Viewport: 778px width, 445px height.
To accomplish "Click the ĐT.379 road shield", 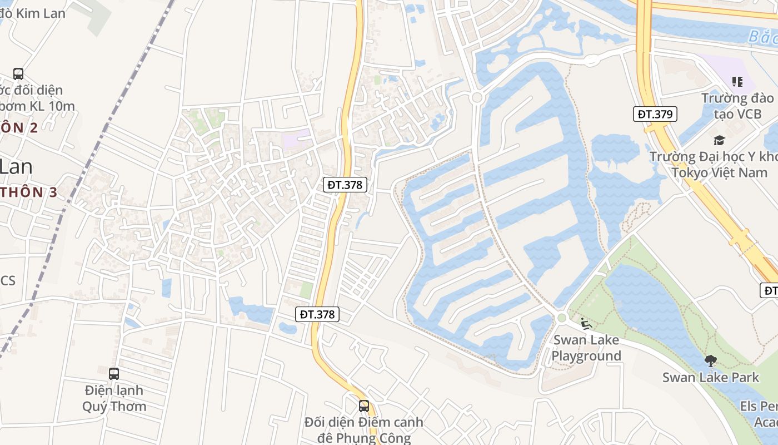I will click(x=655, y=115).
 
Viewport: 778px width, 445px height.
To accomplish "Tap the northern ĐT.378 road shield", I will click(x=345, y=185).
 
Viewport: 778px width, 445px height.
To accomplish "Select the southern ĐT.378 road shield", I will click(x=317, y=314).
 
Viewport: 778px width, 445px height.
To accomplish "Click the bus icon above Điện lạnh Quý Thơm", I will click(x=114, y=374).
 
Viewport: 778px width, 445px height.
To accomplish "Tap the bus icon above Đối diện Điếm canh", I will click(x=364, y=406).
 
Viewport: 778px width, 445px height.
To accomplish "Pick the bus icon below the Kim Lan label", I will click(x=18, y=73).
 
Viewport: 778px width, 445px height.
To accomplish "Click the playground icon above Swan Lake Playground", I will click(x=585, y=323).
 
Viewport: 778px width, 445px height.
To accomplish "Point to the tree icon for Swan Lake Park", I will click(x=710, y=362).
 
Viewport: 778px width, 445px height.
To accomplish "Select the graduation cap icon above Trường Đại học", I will click(x=720, y=140).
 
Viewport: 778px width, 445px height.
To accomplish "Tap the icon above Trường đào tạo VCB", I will click(x=737, y=82).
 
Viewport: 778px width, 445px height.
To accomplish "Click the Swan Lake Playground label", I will click(x=586, y=348).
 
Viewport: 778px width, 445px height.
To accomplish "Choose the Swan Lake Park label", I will click(x=710, y=378).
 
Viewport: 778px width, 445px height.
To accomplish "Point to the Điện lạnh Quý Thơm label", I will click(x=114, y=398).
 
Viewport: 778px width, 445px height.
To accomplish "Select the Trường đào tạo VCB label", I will click(x=737, y=107).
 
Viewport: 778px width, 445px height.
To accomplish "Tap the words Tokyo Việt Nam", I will click(x=719, y=172).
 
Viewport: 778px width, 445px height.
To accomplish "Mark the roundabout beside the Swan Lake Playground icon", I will click(x=561, y=318).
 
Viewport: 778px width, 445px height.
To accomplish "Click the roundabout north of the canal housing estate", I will click(x=476, y=98).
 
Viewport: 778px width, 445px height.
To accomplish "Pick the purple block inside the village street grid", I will click(x=297, y=137).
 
